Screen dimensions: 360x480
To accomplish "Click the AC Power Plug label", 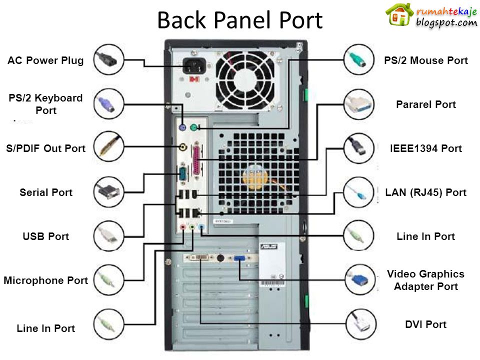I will [45, 61].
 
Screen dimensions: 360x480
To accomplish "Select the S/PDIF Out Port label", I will [46, 148].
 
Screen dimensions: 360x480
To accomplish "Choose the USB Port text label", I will [45, 236].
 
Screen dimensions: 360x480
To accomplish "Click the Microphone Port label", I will [45, 280].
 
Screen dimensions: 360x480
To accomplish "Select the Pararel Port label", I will [425, 104].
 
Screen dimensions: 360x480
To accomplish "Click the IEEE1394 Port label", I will [425, 148].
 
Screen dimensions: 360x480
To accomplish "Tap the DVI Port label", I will [425, 324].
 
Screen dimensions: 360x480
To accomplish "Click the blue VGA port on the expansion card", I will [238, 258].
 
